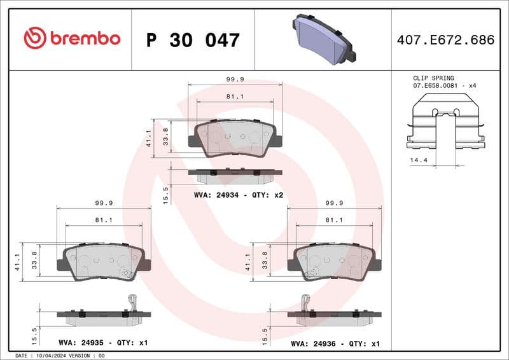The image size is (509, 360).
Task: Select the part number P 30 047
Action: point(193,40)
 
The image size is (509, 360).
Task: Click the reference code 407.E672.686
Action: point(445,40)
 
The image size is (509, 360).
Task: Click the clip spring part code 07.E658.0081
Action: point(436,85)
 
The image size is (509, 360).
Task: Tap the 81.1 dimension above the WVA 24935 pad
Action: point(104,220)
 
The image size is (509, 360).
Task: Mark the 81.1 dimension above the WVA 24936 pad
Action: point(335,220)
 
